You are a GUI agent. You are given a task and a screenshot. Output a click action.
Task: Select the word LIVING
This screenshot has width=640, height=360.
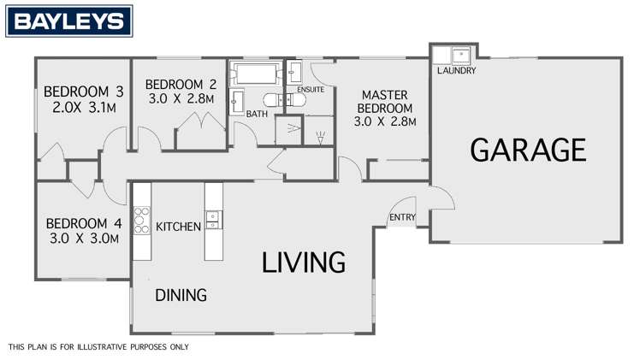[x=303, y=262]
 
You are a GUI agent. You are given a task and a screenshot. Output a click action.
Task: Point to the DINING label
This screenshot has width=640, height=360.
[x=181, y=296]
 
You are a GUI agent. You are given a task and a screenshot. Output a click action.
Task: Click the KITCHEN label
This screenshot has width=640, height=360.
[x=178, y=227]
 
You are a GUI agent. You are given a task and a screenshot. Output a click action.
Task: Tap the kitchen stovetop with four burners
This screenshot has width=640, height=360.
[x=142, y=221]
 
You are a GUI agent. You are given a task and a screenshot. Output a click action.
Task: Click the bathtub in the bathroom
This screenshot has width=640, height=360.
[x=255, y=72]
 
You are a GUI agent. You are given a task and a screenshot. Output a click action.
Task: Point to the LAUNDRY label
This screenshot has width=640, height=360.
[x=455, y=71]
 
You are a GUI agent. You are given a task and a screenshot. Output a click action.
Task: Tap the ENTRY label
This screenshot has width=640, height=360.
[x=401, y=217]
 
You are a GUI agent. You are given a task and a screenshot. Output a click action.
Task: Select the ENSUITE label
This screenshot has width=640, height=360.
[x=309, y=89]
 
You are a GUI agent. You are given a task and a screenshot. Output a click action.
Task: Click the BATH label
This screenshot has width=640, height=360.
[x=257, y=114]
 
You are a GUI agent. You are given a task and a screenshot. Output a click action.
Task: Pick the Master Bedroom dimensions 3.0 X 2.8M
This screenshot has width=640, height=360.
[x=384, y=121]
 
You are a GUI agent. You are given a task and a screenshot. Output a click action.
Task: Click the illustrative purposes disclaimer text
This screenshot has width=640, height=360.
[x=98, y=347]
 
